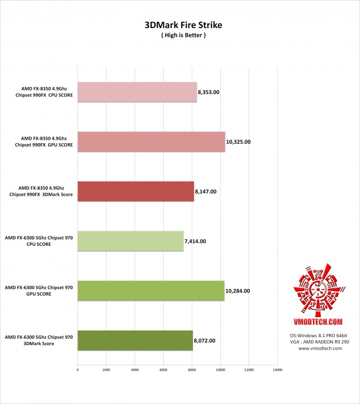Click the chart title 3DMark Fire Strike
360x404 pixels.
tap(179, 25)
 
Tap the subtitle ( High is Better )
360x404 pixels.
tap(179, 35)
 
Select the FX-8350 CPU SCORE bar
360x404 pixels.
tap(137, 93)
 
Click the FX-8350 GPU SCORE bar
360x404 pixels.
tap(151, 141)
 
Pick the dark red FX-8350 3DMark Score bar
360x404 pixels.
tap(135, 191)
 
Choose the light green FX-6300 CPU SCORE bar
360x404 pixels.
tap(130, 241)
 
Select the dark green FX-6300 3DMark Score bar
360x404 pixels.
tap(135, 340)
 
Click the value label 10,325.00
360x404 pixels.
tap(238, 141)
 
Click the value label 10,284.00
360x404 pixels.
tap(238, 291)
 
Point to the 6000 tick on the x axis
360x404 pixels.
tap(163, 370)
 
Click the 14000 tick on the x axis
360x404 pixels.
tap(277, 370)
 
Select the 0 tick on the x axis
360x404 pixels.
tap(77, 370)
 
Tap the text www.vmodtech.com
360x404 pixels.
tap(320, 348)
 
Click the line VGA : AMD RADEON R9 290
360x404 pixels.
tap(320, 342)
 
